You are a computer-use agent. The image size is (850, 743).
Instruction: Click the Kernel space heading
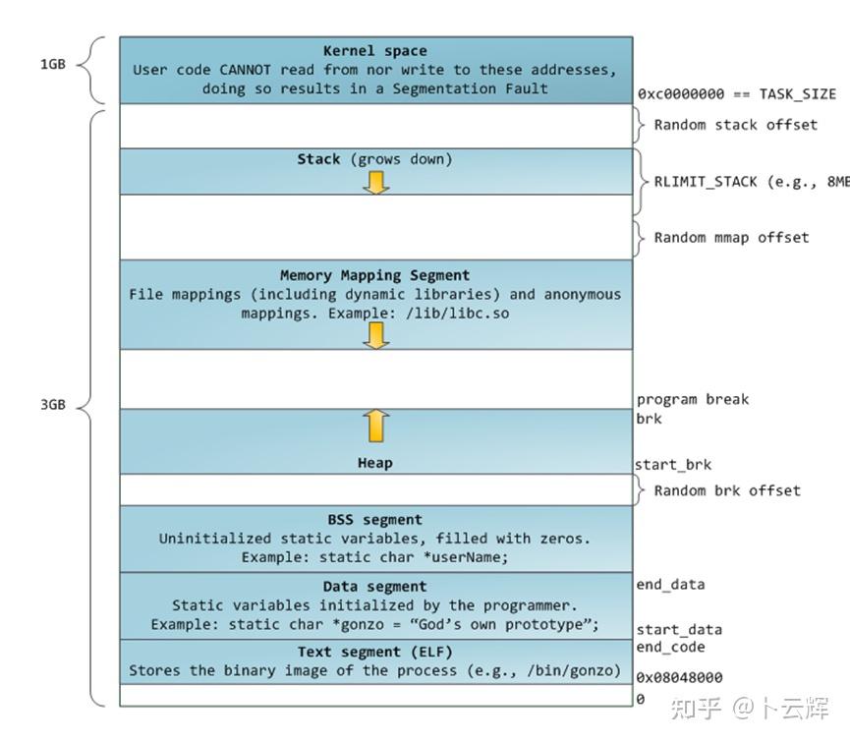point(375,51)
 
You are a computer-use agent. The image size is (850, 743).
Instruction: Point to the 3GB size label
point(52,404)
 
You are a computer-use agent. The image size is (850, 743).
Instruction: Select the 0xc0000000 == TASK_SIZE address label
point(736,94)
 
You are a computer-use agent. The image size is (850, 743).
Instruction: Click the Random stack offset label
point(735,125)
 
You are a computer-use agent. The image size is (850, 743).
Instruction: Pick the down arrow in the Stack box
point(375,181)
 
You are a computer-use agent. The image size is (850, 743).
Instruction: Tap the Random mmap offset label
point(731,237)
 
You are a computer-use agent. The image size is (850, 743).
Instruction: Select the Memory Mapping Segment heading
point(375,275)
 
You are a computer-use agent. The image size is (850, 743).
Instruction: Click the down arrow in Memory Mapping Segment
point(375,334)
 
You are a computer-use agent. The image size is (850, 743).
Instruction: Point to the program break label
point(692,399)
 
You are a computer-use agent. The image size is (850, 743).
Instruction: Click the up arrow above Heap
point(375,427)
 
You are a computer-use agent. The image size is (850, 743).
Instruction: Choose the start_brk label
point(673,465)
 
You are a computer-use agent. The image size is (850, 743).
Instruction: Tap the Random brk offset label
point(727,490)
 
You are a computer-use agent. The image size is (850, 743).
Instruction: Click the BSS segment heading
point(375,520)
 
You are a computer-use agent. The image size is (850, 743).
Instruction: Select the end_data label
point(670,585)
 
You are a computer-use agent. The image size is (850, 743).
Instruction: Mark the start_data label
point(678,629)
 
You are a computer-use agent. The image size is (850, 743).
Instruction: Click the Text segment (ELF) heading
point(375,653)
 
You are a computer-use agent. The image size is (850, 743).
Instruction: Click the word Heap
point(375,463)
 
